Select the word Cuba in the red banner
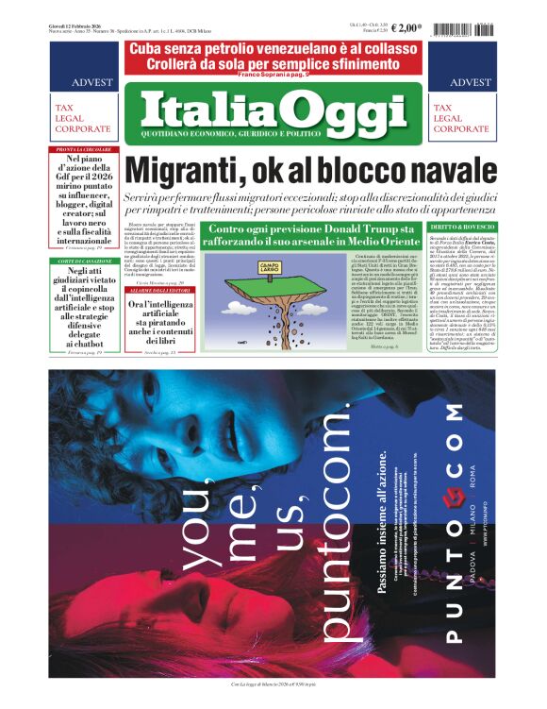pyautogui.click(x=152, y=48)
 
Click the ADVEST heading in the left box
pyautogui.click(x=85, y=82)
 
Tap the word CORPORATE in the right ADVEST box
pyautogui.click(x=461, y=128)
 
